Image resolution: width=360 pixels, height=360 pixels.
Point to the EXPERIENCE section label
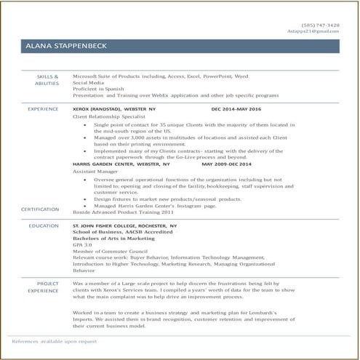point(43,108)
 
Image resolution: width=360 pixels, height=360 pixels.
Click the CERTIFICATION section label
point(40,209)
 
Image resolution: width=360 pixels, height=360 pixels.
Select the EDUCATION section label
point(44,226)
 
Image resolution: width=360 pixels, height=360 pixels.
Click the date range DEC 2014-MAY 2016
point(236,108)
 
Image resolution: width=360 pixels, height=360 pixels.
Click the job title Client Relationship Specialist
point(105,116)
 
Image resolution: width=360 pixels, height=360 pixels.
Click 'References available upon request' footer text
point(54,340)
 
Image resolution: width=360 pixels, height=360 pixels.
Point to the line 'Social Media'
point(89,82)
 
